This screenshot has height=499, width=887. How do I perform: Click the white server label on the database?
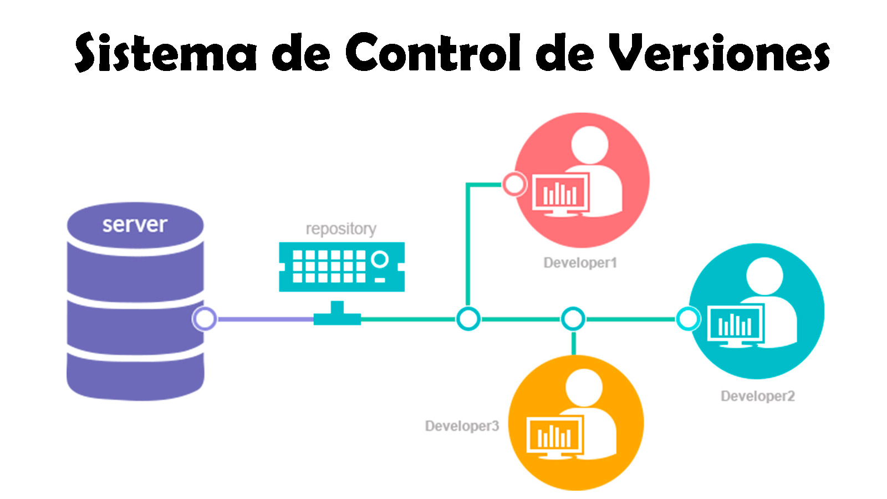coord(135,225)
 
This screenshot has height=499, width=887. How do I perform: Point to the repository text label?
coord(341,228)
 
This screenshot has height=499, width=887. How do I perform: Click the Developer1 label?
coord(580,263)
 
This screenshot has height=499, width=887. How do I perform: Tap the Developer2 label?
coord(757,396)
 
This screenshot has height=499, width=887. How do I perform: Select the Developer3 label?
coord(462,426)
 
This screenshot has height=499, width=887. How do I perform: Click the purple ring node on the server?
coord(204,319)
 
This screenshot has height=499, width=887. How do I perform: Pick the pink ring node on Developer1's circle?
coord(514,184)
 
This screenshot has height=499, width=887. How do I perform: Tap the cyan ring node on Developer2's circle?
coord(688,319)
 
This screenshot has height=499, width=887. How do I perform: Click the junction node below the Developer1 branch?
coord(468,319)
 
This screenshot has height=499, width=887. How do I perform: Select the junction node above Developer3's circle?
coord(573,319)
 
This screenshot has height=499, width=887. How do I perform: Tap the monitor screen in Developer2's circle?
coord(735,324)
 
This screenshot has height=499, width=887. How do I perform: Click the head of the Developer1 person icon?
coord(589,145)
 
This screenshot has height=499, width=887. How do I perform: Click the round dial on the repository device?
coord(380,259)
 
